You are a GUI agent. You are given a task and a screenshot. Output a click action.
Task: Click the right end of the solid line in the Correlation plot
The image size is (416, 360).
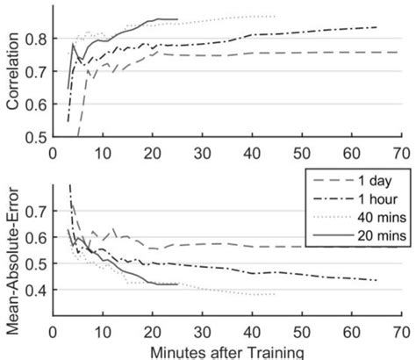pos(177,19)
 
